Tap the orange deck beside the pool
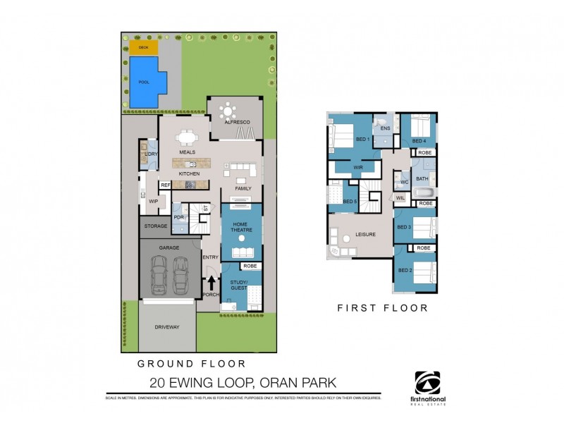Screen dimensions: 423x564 [x=143, y=47]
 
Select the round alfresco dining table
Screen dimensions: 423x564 [x=229, y=111]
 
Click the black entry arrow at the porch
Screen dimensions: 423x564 [x=210, y=283]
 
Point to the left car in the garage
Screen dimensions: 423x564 [x=159, y=275]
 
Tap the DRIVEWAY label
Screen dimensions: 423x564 [x=166, y=327]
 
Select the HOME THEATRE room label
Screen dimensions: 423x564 [x=241, y=227]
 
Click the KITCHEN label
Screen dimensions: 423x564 [x=189, y=173]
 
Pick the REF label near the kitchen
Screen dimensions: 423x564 [x=166, y=185]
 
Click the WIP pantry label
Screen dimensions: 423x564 [x=153, y=202]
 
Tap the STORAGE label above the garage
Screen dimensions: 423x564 [x=155, y=226]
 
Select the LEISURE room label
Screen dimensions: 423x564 [x=365, y=234]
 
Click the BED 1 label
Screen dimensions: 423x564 [x=362, y=139]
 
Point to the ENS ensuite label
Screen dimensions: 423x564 [x=385, y=128]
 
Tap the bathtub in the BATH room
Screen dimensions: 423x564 [x=423, y=191]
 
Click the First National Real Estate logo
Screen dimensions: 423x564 [x=430, y=386]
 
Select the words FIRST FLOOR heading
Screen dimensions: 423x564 [x=382, y=308]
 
